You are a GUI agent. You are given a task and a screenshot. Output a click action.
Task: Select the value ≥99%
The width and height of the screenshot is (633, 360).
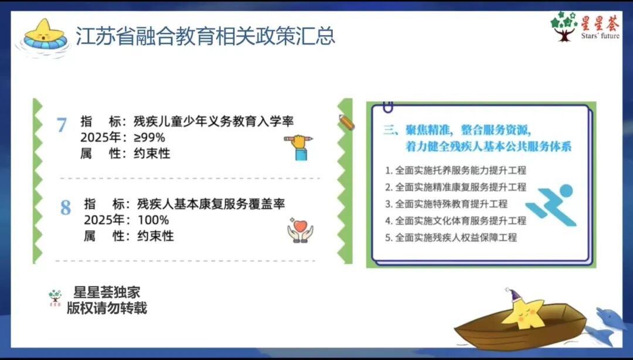pos(151,138)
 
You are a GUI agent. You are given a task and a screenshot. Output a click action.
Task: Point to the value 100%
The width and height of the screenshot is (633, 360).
pos(153,220)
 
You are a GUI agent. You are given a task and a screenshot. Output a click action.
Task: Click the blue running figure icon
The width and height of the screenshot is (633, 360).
pos(551,205)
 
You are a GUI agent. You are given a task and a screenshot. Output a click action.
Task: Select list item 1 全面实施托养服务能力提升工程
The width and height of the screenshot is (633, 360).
pos(456,171)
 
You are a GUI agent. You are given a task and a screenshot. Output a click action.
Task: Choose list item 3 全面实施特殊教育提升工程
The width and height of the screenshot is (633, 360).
pos(447,204)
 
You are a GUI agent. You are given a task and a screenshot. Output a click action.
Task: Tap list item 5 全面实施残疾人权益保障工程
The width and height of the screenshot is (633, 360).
pos(451,237)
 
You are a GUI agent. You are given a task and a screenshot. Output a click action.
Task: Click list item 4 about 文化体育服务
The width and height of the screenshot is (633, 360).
pos(456,220)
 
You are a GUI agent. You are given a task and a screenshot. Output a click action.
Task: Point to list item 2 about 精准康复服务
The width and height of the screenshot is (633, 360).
pos(456,187)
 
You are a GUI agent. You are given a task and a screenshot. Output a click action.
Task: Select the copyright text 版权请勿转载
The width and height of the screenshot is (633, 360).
pos(107,308)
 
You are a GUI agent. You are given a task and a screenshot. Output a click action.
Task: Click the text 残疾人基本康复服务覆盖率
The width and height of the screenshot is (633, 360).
pos(211,205)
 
